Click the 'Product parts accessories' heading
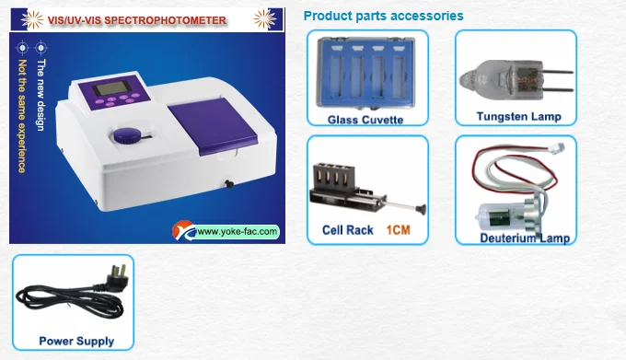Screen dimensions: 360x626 383,16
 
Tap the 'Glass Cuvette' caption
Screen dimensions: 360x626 365,120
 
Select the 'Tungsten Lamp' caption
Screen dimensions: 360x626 518,117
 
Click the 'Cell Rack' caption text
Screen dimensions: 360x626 347,229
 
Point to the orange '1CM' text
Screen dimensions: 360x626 398,229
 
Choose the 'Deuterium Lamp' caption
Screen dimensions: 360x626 524,238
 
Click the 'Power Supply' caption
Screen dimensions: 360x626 76,341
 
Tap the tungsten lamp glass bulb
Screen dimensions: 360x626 498,73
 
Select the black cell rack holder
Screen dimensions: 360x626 337,182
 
